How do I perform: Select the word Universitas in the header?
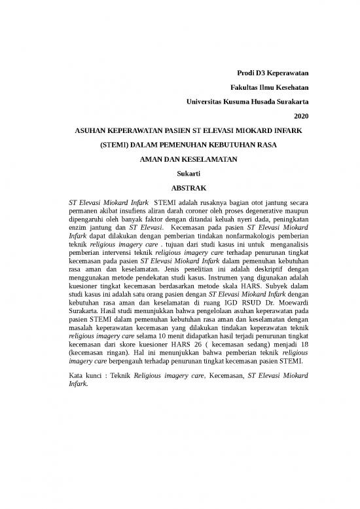205,102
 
